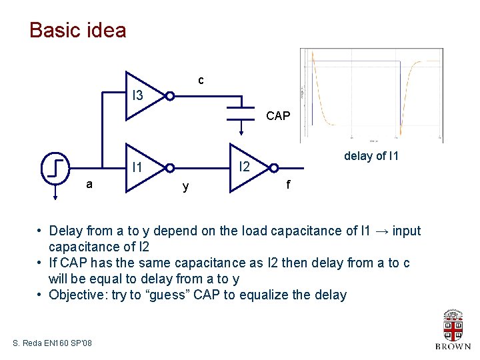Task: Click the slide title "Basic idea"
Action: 78,31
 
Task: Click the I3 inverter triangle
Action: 143,96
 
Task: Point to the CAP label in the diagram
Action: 278,116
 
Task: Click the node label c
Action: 201,81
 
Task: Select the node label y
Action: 185,187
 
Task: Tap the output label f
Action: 288,185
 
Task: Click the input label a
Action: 89,184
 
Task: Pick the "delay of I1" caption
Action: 371,156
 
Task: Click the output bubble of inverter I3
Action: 170,96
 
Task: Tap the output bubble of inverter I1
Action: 170,168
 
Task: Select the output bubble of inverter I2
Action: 273,168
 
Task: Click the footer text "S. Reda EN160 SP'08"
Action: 53,343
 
